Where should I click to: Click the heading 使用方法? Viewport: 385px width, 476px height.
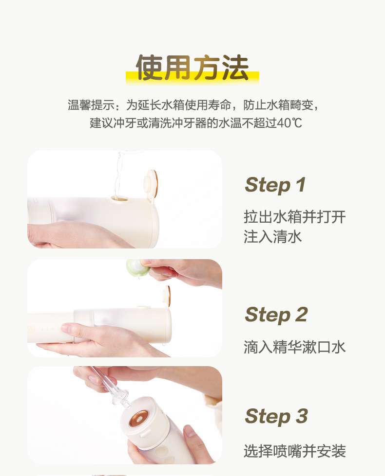(192, 68)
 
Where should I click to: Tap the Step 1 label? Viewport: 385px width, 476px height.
(275, 185)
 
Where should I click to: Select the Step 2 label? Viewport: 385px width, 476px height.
(276, 315)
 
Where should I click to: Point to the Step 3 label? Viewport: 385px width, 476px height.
(276, 416)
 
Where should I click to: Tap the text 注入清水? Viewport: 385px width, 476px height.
(273, 237)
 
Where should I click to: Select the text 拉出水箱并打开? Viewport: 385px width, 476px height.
(295, 217)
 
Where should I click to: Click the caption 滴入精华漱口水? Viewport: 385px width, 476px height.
(295, 347)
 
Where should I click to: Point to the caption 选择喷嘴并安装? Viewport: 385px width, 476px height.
(295, 451)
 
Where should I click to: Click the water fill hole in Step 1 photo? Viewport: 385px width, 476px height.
(120, 199)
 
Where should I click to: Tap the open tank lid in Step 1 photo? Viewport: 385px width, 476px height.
(151, 182)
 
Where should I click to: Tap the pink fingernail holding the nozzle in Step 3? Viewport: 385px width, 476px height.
(93, 379)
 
